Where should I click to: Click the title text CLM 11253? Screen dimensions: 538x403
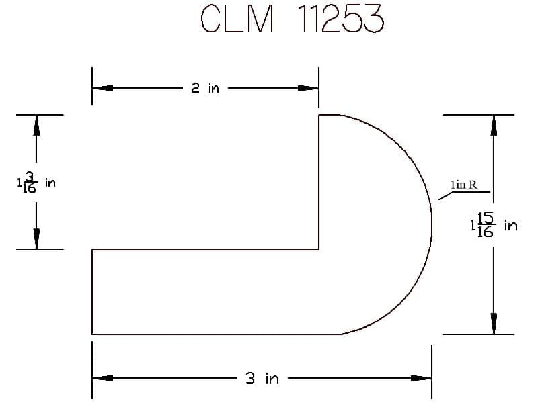pyautogui.click(x=293, y=19)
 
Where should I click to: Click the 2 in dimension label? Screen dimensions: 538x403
pyautogui.click(x=205, y=89)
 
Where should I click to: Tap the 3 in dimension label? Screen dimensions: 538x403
pyautogui.click(x=262, y=378)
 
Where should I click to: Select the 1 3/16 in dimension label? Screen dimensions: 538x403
pyautogui.click(x=36, y=183)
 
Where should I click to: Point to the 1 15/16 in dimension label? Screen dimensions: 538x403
pyautogui.click(x=494, y=225)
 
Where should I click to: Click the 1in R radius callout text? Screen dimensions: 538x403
pyautogui.click(x=463, y=185)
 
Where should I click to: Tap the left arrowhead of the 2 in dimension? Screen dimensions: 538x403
pyautogui.click(x=103, y=88)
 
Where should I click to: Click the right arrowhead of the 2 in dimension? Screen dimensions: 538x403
pyautogui.click(x=308, y=88)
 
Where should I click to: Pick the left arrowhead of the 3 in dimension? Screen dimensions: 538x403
pyautogui.click(x=103, y=378)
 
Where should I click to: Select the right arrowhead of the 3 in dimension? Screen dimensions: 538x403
pyautogui.click(x=421, y=378)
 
